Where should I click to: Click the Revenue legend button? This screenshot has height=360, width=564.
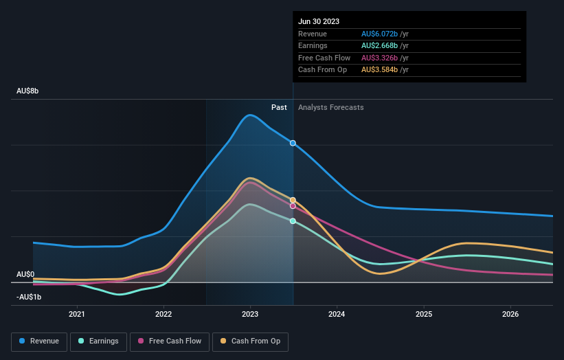tap(40, 341)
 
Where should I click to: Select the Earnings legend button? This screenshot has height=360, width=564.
tap(98, 341)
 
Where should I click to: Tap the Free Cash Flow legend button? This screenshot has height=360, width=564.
tap(169, 341)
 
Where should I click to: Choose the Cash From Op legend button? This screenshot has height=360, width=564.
tap(249, 341)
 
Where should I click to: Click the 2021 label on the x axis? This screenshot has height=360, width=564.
tap(77, 315)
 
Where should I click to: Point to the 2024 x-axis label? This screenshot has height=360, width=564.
tap(337, 315)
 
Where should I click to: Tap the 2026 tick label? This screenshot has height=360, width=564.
tap(510, 315)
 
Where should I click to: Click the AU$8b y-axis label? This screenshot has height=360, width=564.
tap(28, 91)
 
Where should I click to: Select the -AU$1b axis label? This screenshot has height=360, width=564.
tap(30, 297)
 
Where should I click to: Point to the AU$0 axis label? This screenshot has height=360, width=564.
tap(25, 274)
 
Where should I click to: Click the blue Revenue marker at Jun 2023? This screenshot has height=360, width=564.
tap(293, 143)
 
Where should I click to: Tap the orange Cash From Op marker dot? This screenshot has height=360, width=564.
tap(293, 200)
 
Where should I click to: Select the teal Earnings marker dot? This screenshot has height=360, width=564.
tap(293, 221)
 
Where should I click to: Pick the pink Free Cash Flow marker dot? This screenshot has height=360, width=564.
tap(293, 206)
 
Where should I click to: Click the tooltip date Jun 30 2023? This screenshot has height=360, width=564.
tap(319, 22)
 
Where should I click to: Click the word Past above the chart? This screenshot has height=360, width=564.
tap(279, 107)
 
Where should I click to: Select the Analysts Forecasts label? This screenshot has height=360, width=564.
tap(330, 107)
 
